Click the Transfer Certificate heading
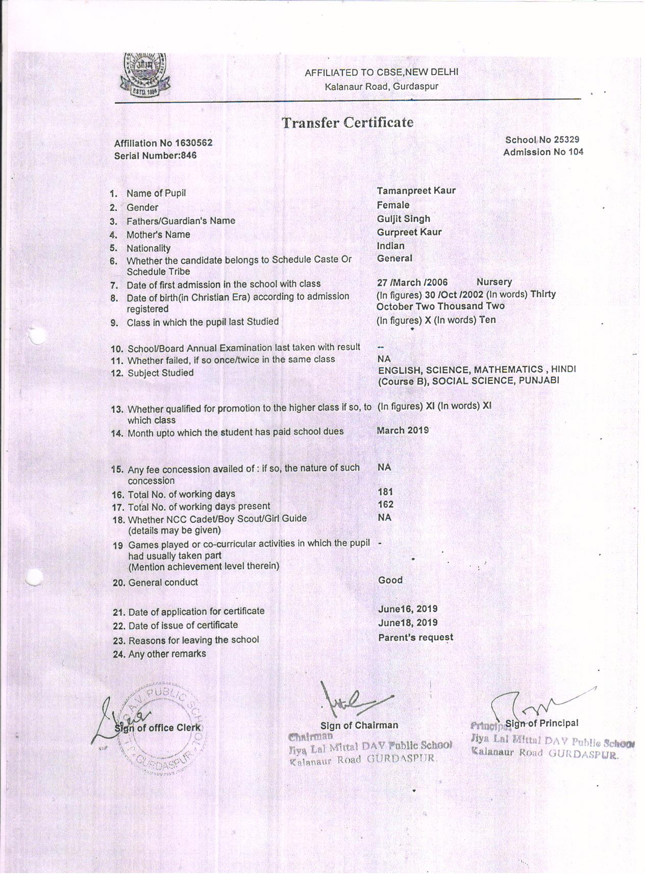[x=347, y=123]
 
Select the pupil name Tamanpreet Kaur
[x=416, y=191]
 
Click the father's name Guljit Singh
[x=403, y=219]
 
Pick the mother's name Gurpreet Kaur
[x=409, y=232]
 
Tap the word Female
[x=393, y=205]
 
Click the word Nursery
[x=494, y=282]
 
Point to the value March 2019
[x=402, y=430]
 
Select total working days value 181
[x=385, y=492]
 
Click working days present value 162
[x=385, y=504]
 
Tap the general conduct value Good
[x=390, y=580]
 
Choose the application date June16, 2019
[x=407, y=609]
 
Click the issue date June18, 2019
[x=407, y=623]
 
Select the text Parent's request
[x=415, y=637]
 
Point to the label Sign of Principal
[x=541, y=723]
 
